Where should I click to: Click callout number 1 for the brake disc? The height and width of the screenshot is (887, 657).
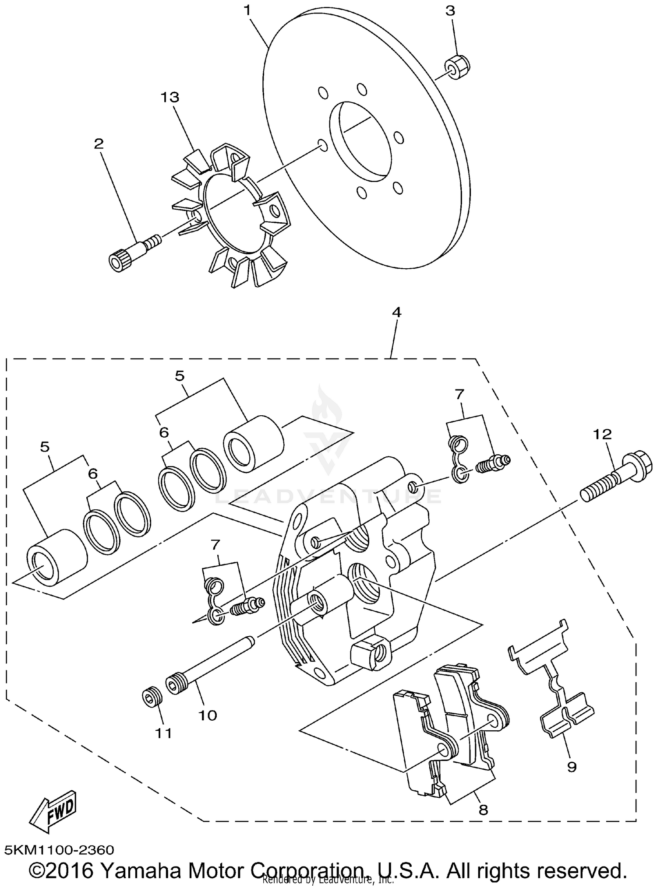point(248,10)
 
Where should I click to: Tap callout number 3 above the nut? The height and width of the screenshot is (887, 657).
point(451,11)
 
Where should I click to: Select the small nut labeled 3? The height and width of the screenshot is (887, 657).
point(457,67)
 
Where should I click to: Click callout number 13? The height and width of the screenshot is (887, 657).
point(170,97)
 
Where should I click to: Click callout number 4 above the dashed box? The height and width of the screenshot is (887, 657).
point(396,312)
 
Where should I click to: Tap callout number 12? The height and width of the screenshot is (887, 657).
point(602,434)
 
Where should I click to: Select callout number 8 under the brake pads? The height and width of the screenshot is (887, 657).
point(483,809)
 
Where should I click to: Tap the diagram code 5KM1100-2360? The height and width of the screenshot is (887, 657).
point(59,850)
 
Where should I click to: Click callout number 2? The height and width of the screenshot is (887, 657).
point(99,144)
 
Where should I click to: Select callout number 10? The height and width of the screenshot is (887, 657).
point(208,715)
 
